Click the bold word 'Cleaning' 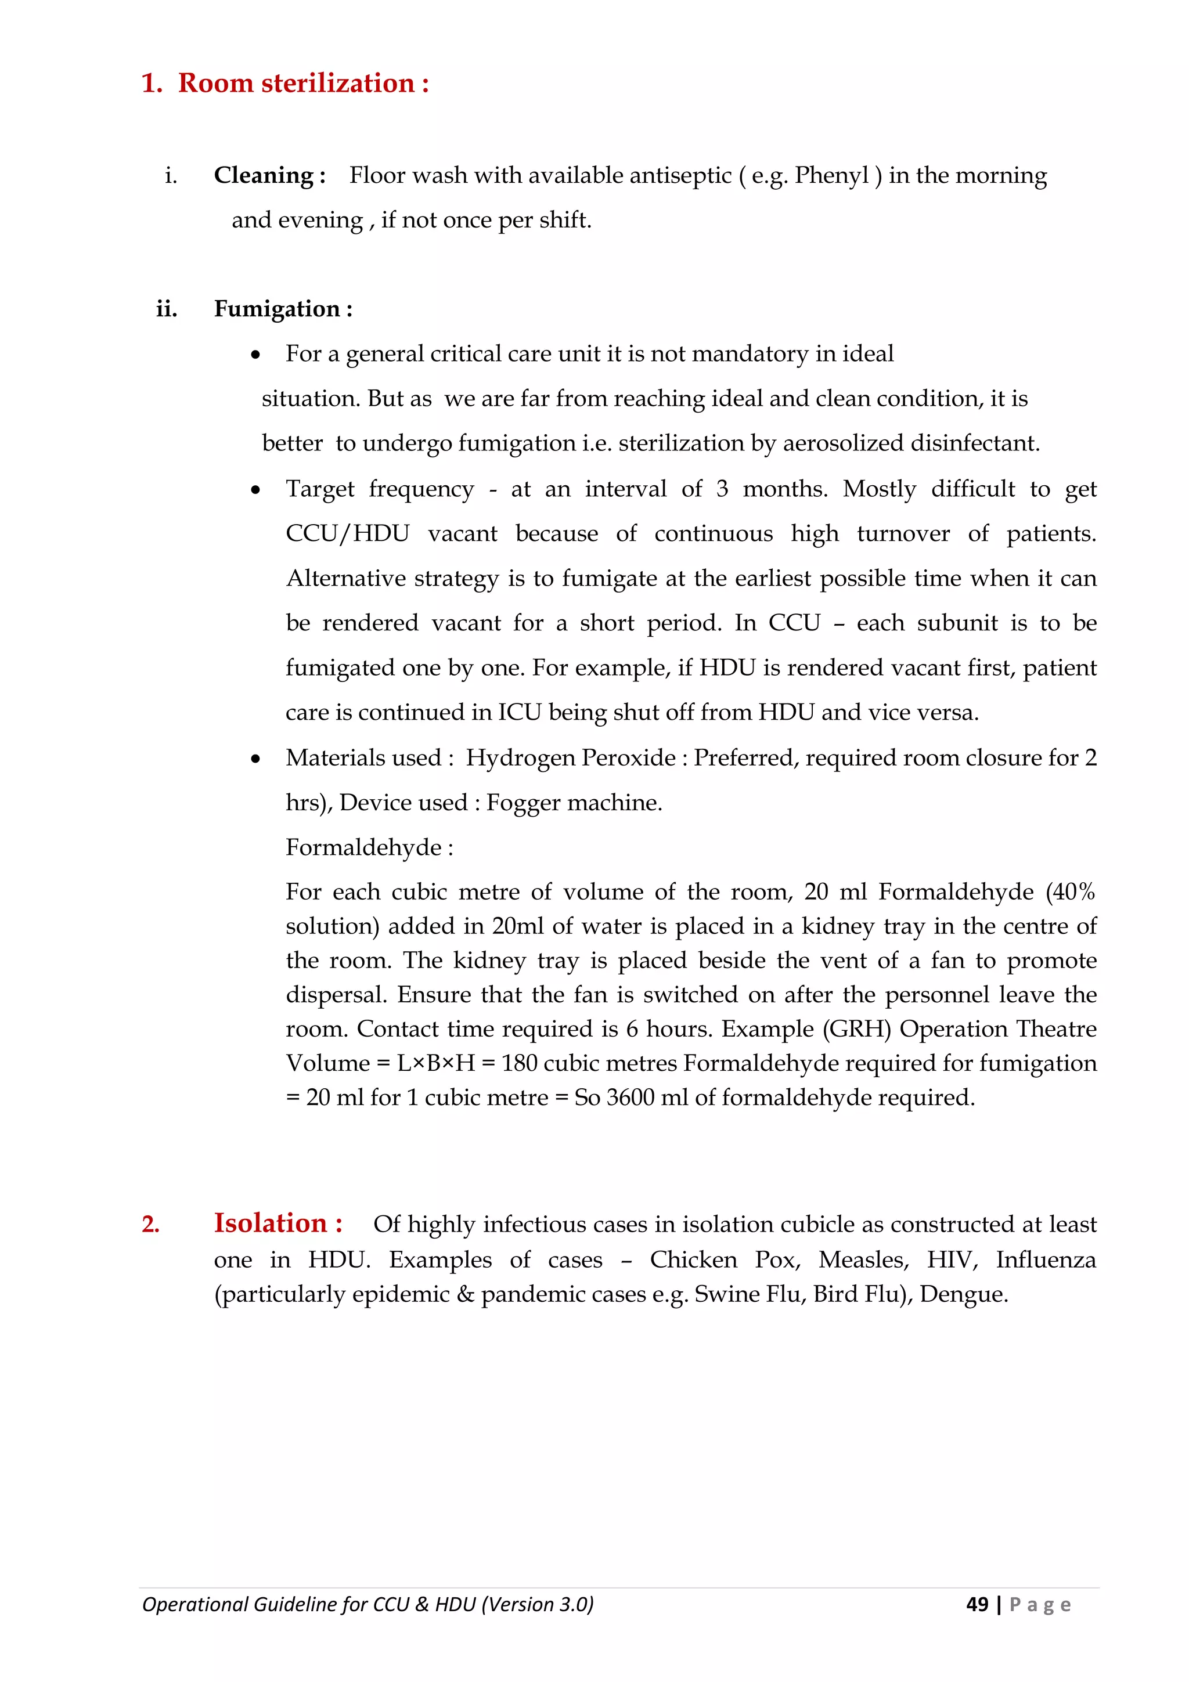point(264,176)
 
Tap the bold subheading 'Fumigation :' point(283,309)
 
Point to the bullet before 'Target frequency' point(255,490)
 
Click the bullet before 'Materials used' point(255,759)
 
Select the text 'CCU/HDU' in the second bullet point(347,533)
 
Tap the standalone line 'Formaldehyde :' point(369,847)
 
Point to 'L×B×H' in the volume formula point(436,1064)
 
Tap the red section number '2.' point(150,1225)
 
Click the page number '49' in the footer point(977,1604)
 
